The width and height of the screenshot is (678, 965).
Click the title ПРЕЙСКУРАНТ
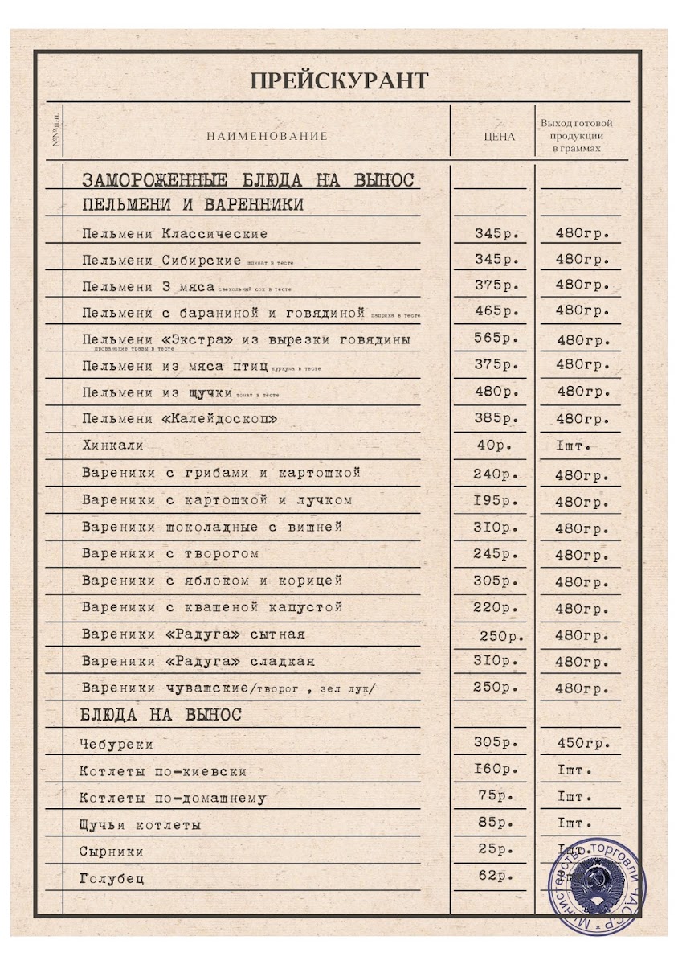coord(338,80)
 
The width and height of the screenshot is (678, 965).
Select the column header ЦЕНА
coord(499,137)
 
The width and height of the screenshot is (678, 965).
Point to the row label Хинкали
coord(112,446)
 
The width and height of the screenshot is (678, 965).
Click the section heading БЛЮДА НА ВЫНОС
coord(161,714)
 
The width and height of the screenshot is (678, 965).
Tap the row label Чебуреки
coord(116,745)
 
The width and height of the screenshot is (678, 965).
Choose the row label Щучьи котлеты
coord(140,825)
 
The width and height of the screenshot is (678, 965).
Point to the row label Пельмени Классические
coord(174,234)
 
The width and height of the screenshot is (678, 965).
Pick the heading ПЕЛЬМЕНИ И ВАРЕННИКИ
coord(193,205)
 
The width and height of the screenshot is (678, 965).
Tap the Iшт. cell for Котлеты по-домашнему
coord(574,797)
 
